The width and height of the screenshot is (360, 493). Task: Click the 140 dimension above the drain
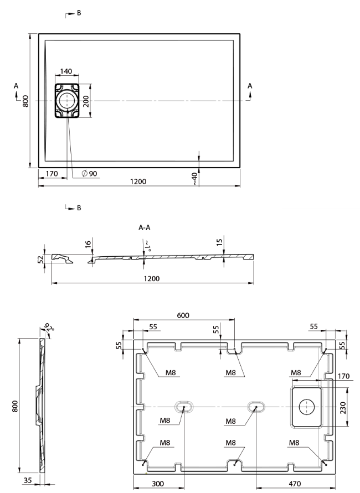[x=66, y=72]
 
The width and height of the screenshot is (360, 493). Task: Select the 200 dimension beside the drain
[x=86, y=100]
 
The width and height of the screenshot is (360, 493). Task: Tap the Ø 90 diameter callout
[x=89, y=174]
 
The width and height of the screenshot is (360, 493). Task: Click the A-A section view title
[x=145, y=227]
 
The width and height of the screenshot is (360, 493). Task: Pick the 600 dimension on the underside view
[x=183, y=315]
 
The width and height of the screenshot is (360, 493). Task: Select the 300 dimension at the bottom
[x=158, y=483]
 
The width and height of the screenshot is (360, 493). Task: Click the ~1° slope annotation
[x=147, y=245]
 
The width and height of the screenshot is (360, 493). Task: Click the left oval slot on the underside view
[x=183, y=407]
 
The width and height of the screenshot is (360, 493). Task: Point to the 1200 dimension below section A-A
[x=153, y=278]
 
